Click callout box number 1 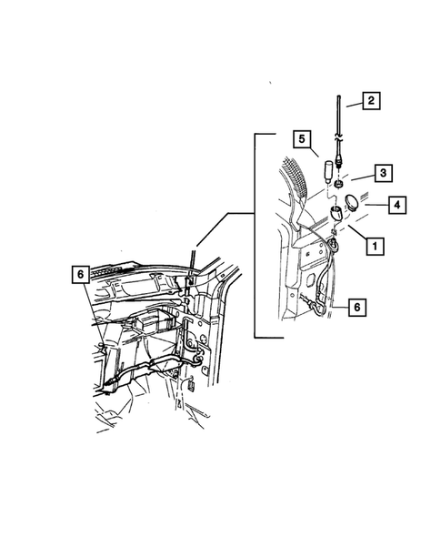[x=373, y=245]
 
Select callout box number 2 [x=371, y=101]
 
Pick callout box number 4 [x=397, y=207]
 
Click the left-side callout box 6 [x=81, y=274]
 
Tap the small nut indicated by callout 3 [x=337, y=185]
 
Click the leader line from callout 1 [x=351, y=237]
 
